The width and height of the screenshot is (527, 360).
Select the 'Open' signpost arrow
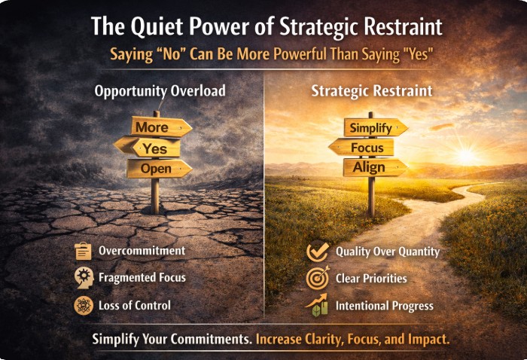click(x=157, y=169)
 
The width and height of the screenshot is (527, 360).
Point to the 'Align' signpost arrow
click(x=372, y=167)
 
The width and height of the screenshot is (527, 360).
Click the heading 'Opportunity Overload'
click(x=159, y=91)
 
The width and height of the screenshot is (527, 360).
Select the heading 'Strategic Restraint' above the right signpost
click(x=372, y=91)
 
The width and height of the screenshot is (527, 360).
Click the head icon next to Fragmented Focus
click(x=83, y=278)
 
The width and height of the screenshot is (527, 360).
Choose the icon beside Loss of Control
click(x=83, y=305)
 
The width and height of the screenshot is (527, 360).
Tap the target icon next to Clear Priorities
click(x=316, y=278)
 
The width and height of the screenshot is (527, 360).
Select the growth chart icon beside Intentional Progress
click(x=316, y=305)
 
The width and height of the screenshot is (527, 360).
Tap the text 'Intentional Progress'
click(x=385, y=306)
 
